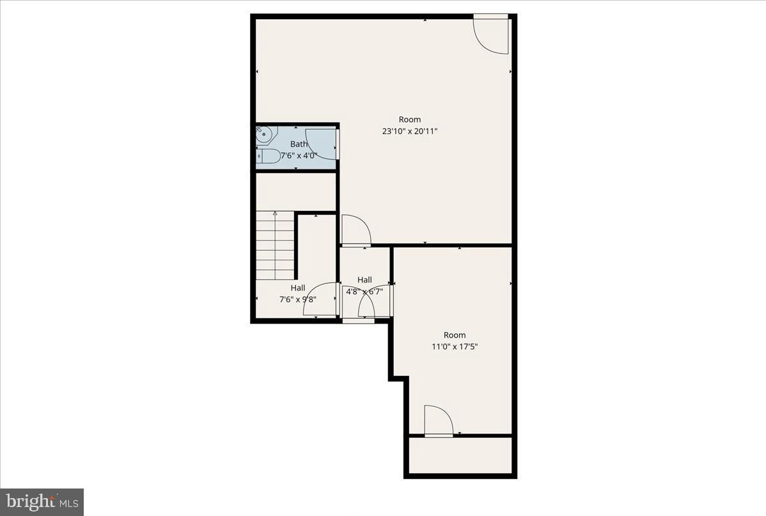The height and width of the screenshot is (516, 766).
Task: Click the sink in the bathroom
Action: (x=264, y=134)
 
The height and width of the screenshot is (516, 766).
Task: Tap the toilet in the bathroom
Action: (x=269, y=156)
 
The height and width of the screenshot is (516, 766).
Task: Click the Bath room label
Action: (x=299, y=145)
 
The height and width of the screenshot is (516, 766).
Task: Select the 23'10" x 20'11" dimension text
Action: (x=410, y=131)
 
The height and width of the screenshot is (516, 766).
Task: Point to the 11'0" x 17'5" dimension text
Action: (x=455, y=347)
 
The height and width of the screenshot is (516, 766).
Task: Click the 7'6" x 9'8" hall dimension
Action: (x=298, y=299)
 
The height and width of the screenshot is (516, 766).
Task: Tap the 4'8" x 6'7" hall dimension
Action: (x=364, y=292)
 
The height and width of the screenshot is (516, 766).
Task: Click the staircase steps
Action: (x=275, y=246)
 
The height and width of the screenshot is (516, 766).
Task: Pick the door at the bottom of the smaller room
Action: (x=438, y=421)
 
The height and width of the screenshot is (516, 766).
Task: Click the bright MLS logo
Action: (x=42, y=501)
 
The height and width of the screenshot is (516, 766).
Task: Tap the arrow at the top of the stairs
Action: (x=276, y=214)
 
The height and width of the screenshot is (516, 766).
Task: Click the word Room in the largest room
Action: (x=410, y=120)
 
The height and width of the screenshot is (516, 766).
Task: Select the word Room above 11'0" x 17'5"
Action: (x=455, y=335)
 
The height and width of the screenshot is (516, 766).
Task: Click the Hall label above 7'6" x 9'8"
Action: (x=298, y=288)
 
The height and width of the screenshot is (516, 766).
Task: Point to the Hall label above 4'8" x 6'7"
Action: (x=364, y=280)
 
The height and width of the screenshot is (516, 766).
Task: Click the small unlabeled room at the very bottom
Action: (x=460, y=455)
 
